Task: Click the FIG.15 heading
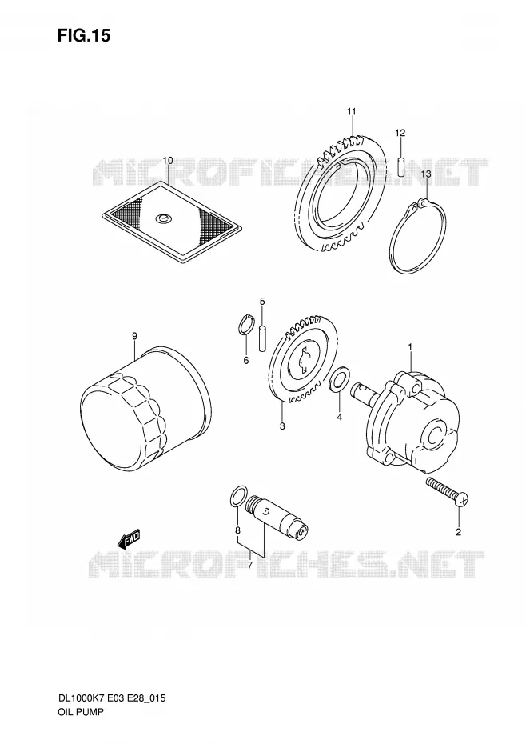pyautogui.click(x=83, y=35)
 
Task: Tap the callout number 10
pyautogui.click(x=168, y=160)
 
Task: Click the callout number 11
pyautogui.click(x=351, y=112)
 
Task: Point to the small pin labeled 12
pyautogui.click(x=400, y=166)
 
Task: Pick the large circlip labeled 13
pyautogui.click(x=390, y=238)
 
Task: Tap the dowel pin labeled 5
pyautogui.click(x=262, y=338)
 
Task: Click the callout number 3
pyautogui.click(x=282, y=426)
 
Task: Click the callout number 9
pyautogui.click(x=135, y=336)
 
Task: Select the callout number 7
pyautogui.click(x=250, y=565)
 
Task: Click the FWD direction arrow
pyautogui.click(x=129, y=539)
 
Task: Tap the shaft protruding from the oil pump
pyautogui.click(x=365, y=390)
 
